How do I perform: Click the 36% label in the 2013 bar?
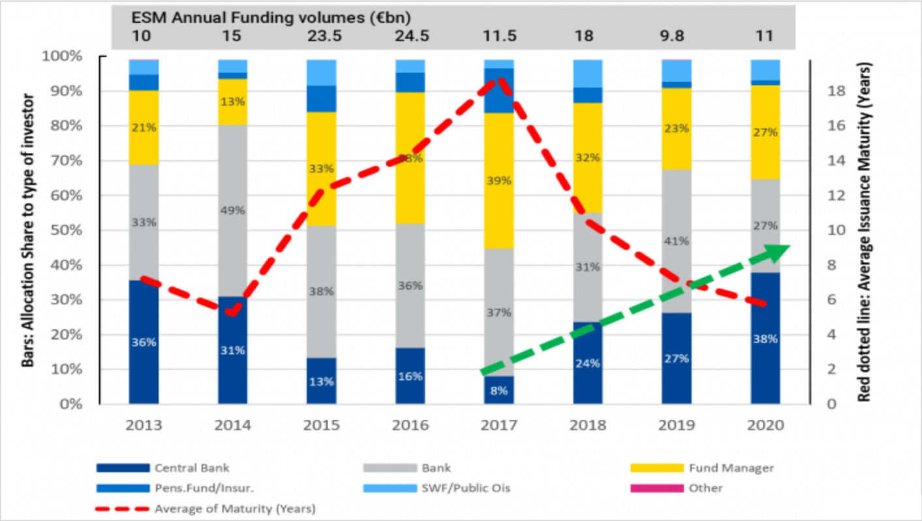pyautogui.click(x=144, y=341)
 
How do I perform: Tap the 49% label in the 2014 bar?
pyautogui.click(x=232, y=210)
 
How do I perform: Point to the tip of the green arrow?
pyautogui.click(x=788, y=247)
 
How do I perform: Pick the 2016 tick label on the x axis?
pyautogui.click(x=410, y=425)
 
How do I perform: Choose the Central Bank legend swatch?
pyautogui.click(x=123, y=468)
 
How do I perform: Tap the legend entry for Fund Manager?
pyautogui.click(x=731, y=468)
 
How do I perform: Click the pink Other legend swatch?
pyautogui.click(x=658, y=488)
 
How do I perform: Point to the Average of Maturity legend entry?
pyautogui.click(x=235, y=507)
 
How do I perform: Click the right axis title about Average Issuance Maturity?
pyautogui.click(x=865, y=232)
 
